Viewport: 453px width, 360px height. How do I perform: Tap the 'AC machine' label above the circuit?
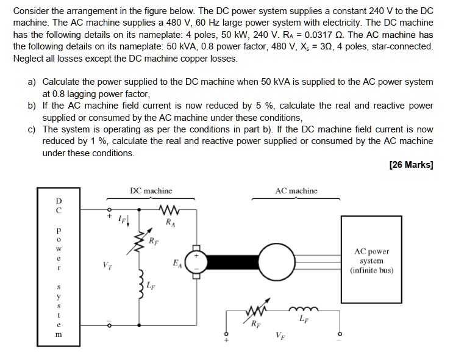[296, 191]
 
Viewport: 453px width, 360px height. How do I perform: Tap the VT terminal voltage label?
[108, 265]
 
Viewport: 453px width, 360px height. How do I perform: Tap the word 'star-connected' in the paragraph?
[402, 47]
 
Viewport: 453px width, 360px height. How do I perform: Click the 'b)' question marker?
[32, 106]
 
